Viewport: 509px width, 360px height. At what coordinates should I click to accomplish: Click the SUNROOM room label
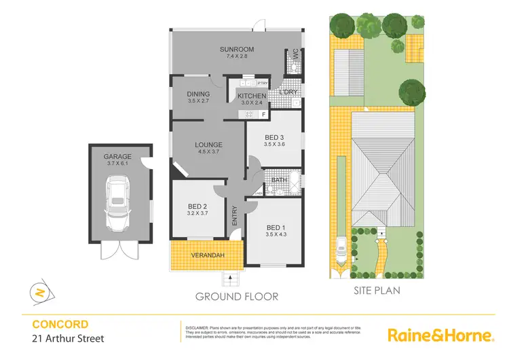click(236, 50)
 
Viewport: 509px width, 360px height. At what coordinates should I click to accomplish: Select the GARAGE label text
click(117, 156)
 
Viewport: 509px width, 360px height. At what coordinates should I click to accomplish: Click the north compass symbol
click(41, 293)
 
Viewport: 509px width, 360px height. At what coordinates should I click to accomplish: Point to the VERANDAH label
click(200, 255)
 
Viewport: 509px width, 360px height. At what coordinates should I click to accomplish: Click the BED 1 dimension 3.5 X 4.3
click(277, 235)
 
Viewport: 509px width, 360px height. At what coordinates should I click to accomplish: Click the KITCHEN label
click(252, 96)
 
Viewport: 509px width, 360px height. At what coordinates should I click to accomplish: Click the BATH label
click(279, 180)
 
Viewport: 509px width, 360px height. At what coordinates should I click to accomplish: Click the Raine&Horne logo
click(439, 335)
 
